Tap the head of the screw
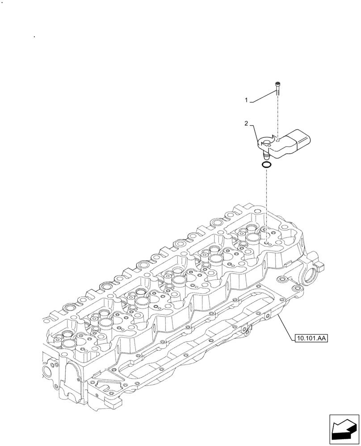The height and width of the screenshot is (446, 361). (x=278, y=84)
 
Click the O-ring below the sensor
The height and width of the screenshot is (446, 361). (x=267, y=166)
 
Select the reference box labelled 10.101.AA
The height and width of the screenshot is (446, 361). (x=311, y=339)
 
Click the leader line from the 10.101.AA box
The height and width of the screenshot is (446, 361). (x=286, y=326)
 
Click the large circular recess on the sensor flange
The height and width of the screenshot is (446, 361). (x=267, y=143)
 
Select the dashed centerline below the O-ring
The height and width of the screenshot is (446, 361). (x=267, y=201)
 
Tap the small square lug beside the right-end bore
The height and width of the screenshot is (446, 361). (x=320, y=267)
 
